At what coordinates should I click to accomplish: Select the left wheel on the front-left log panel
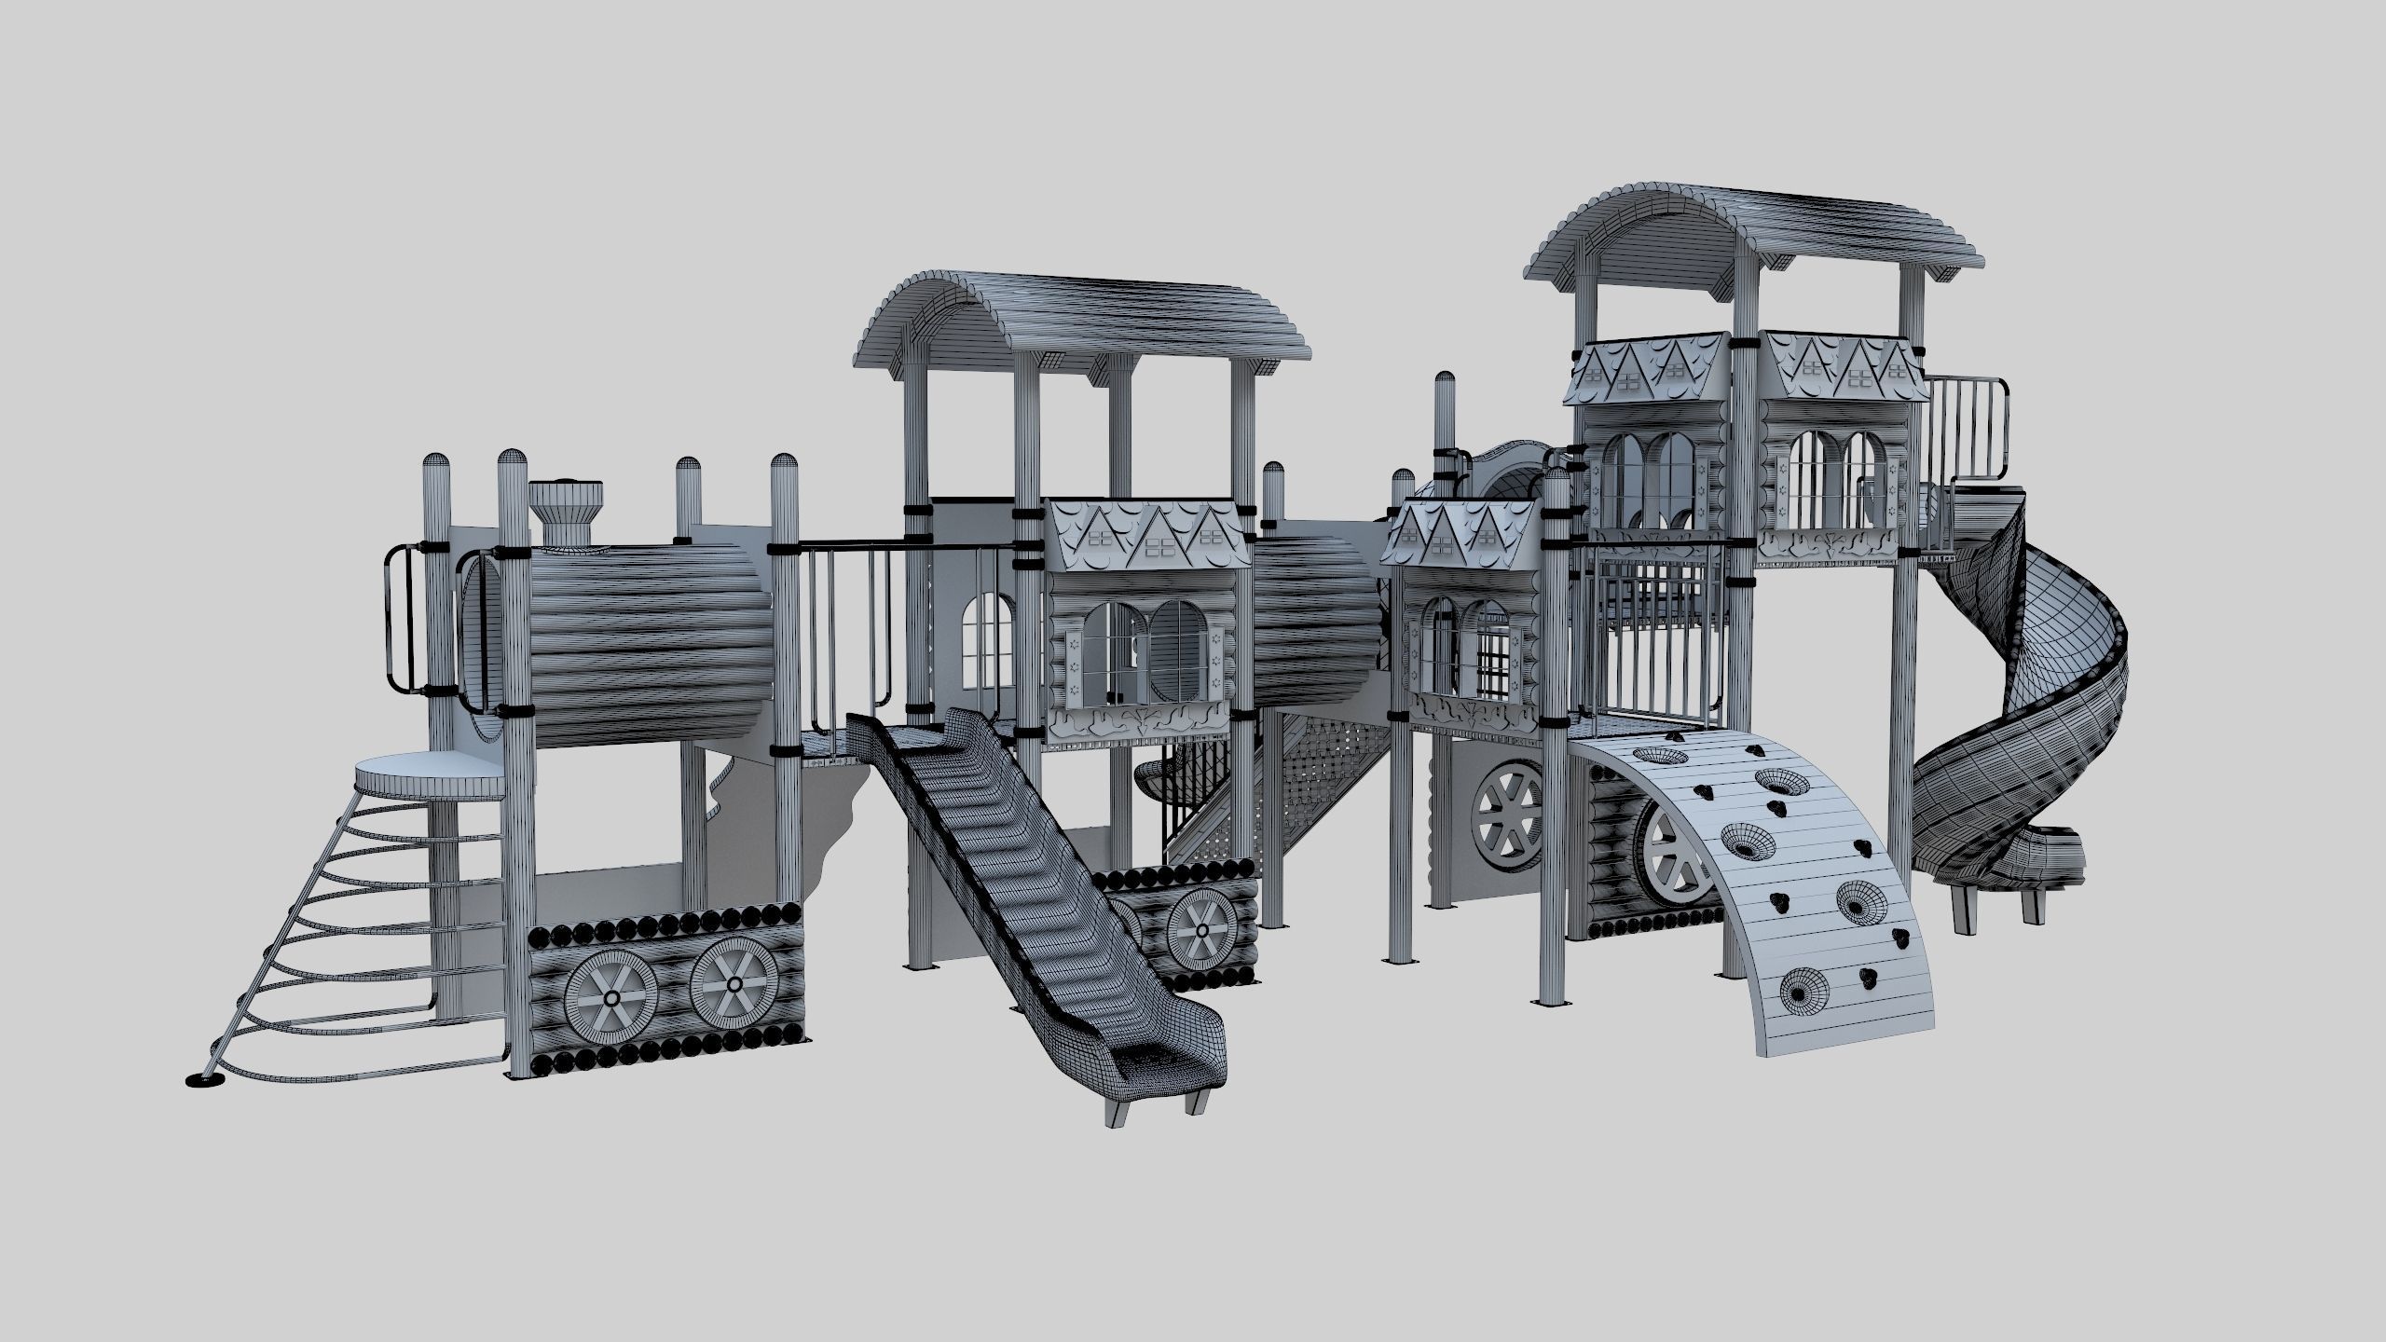[610, 996]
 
